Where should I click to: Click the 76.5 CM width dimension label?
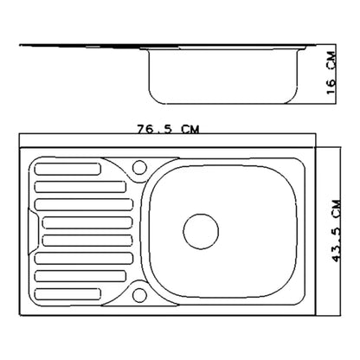(x=168, y=129)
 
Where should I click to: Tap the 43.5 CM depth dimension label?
(x=337, y=231)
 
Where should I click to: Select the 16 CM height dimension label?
(x=331, y=73)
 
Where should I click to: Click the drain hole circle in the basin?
(x=201, y=231)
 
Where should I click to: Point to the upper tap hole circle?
(x=139, y=167)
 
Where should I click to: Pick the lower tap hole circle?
(x=139, y=295)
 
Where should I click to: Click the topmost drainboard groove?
(x=67, y=169)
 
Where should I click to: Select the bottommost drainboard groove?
(x=67, y=294)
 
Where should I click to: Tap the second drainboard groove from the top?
(x=80, y=187)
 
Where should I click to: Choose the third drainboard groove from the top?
(x=84, y=204)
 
